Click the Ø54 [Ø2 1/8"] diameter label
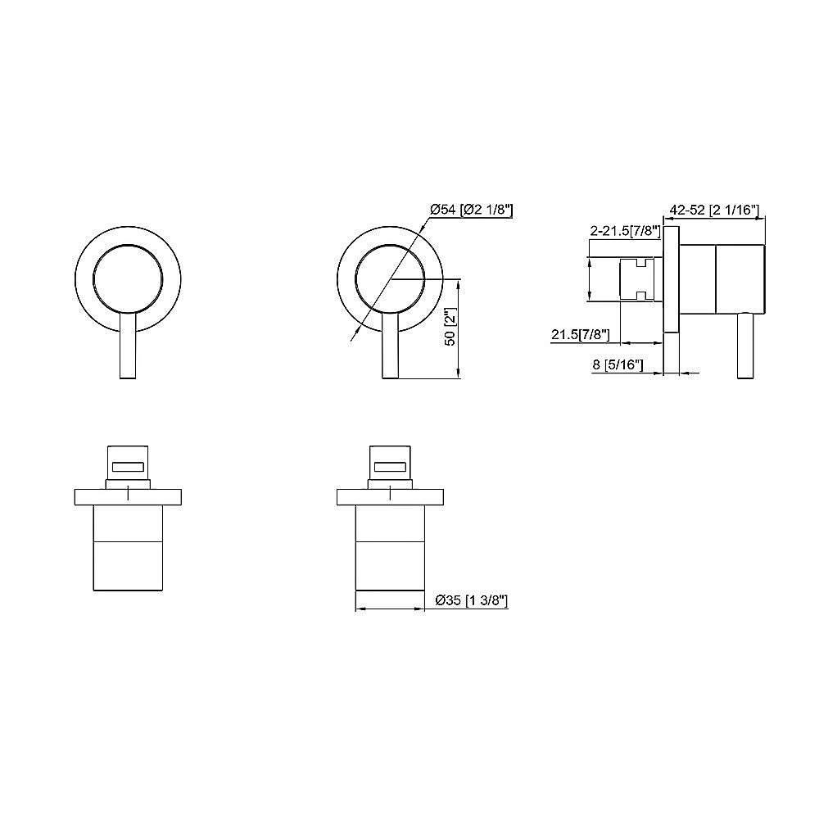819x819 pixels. [x=471, y=210]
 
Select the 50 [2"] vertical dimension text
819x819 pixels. [x=448, y=328]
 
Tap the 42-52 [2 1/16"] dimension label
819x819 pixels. [x=715, y=210]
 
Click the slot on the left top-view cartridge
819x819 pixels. [x=129, y=467]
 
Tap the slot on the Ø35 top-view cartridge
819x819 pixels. [x=391, y=467]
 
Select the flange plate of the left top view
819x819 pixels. [x=129, y=497]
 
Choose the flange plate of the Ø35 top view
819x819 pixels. [x=391, y=497]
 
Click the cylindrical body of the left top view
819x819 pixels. [x=129, y=549]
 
